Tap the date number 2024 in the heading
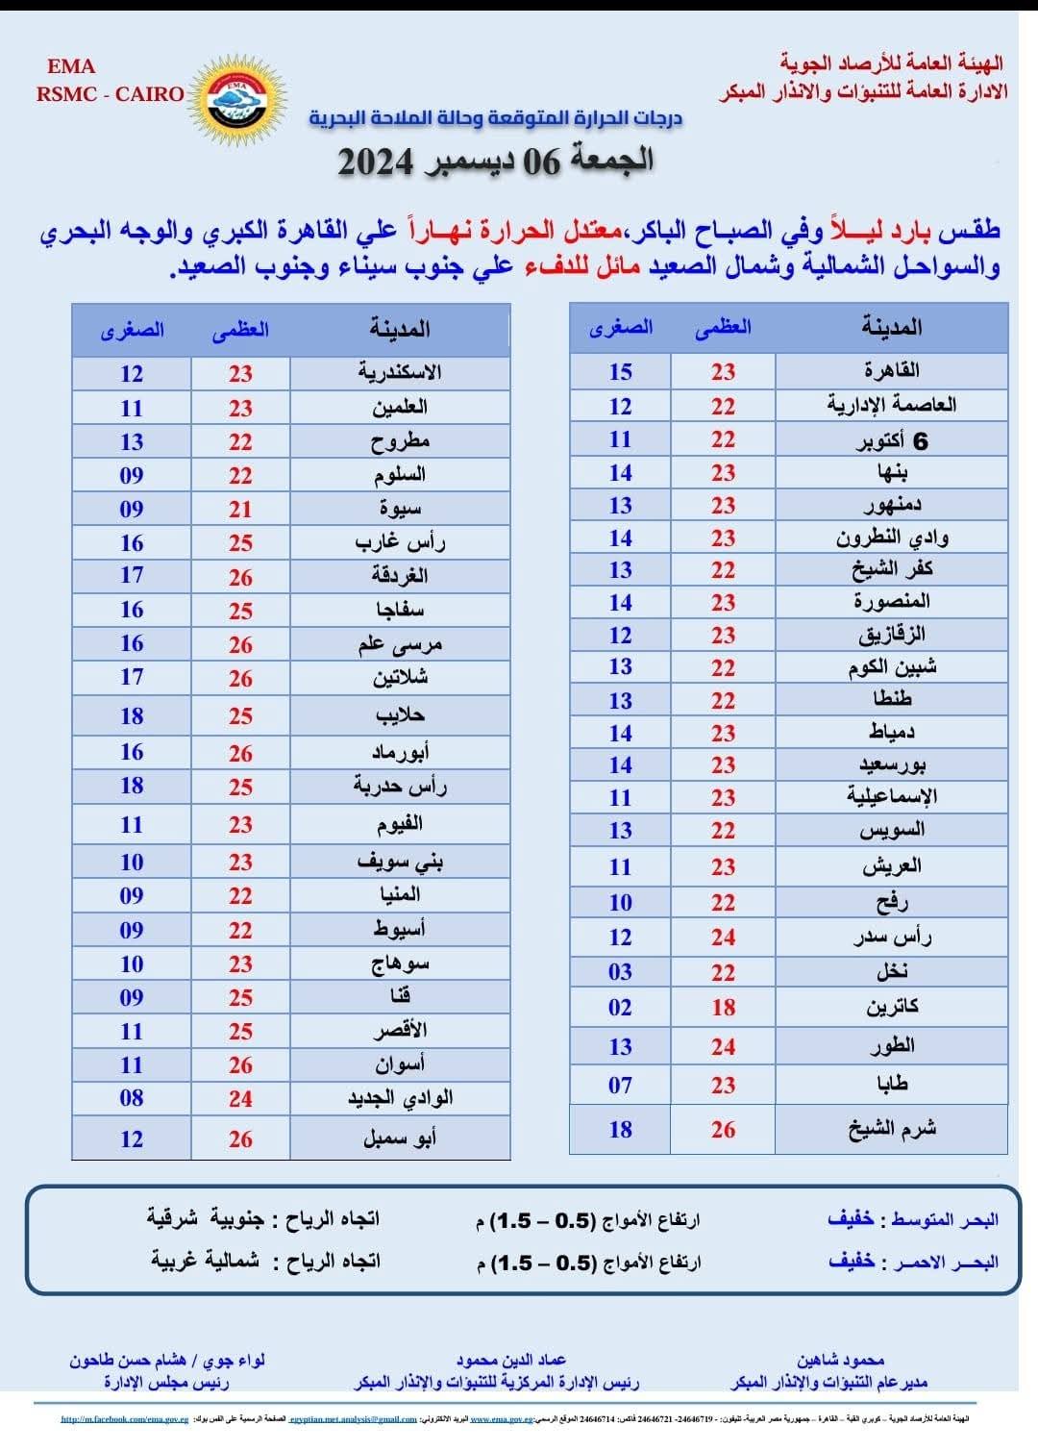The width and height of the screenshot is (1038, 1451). [x=376, y=163]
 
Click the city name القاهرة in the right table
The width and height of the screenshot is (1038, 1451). [x=891, y=370]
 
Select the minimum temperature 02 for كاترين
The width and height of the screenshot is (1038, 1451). [x=621, y=1008]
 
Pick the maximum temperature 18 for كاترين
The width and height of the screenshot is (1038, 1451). [x=723, y=1008]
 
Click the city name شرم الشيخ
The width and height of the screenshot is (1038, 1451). [x=891, y=1129]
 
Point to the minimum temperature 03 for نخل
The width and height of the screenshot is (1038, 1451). [x=621, y=972]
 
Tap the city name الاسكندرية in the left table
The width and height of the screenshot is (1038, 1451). [x=400, y=372]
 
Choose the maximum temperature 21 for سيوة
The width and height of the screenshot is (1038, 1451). [x=240, y=510]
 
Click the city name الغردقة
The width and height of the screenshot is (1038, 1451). [x=400, y=576]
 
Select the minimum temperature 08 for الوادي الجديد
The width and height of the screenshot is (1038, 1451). [x=132, y=1098]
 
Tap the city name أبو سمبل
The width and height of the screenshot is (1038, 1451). [x=400, y=1139]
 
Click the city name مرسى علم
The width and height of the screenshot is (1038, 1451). [x=400, y=644]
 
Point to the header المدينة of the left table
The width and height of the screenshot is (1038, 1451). [x=400, y=329]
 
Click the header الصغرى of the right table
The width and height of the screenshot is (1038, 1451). [x=621, y=327]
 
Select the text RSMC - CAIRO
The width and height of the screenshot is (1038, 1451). [x=111, y=94]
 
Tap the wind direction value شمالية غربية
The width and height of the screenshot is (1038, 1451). [x=205, y=1261]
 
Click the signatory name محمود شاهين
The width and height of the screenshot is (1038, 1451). [x=840, y=1360]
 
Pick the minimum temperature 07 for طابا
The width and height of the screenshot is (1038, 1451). [x=621, y=1086]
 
